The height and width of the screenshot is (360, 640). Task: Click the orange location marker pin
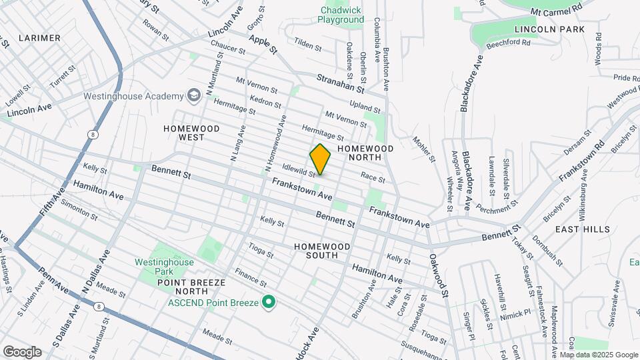point(320,159)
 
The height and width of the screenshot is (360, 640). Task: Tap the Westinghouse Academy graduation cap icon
point(193,96)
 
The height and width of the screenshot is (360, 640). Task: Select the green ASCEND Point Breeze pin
point(269,303)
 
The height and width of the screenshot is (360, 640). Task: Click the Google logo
point(22,351)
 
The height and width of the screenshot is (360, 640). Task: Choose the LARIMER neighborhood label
point(39,38)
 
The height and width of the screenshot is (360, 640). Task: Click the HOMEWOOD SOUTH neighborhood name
point(322,246)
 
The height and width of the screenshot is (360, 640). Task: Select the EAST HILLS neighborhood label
point(582,229)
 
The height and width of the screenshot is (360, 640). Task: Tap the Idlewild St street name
point(298,171)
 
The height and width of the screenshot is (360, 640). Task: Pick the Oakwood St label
point(437,274)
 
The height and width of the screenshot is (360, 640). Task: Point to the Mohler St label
point(423,150)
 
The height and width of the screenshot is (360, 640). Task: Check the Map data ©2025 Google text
point(603,355)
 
